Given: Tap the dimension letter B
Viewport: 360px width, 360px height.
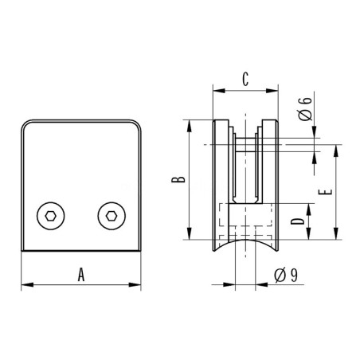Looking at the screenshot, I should pyautogui.click(x=182, y=180).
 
